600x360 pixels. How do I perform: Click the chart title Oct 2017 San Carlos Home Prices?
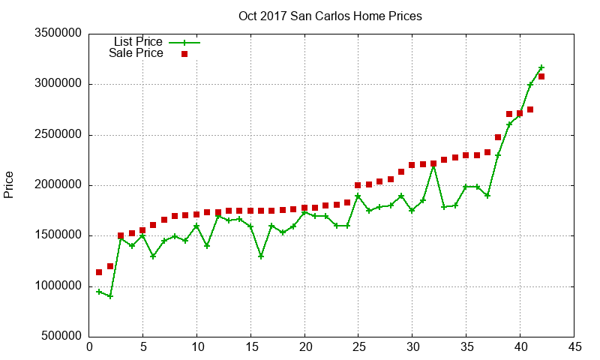330,16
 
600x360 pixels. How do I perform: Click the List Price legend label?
138,42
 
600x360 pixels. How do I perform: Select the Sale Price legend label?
136,53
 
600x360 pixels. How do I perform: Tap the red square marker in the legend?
184,54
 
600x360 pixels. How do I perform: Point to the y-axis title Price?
9,184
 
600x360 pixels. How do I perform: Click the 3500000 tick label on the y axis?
55,34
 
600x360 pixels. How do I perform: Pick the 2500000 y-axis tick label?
55,135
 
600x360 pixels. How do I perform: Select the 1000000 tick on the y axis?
55,286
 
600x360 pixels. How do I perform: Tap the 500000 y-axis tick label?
58,337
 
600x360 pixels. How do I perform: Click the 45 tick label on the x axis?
574,347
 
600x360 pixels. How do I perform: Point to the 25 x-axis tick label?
358,347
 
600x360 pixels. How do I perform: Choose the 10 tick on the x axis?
196,347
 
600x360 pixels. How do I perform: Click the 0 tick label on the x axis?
89,347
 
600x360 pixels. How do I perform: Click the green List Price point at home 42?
541,67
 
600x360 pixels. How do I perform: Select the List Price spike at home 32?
433,165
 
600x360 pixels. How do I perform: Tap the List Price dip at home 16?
261,256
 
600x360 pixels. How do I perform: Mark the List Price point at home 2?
110,296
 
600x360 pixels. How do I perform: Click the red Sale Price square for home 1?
99,272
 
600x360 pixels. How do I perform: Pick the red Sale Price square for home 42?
541,76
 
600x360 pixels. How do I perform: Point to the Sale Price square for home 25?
358,185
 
